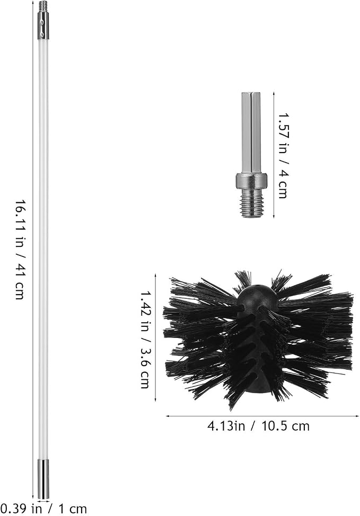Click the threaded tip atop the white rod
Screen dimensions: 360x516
click(x=43, y=5)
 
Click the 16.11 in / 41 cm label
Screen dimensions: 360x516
click(x=20, y=249)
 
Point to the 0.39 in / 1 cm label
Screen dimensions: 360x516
click(x=43, y=509)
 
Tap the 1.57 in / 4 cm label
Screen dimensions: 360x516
click(x=283, y=156)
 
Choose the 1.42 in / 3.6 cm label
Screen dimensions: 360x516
click(x=145, y=339)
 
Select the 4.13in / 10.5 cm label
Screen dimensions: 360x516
click(x=259, y=426)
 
